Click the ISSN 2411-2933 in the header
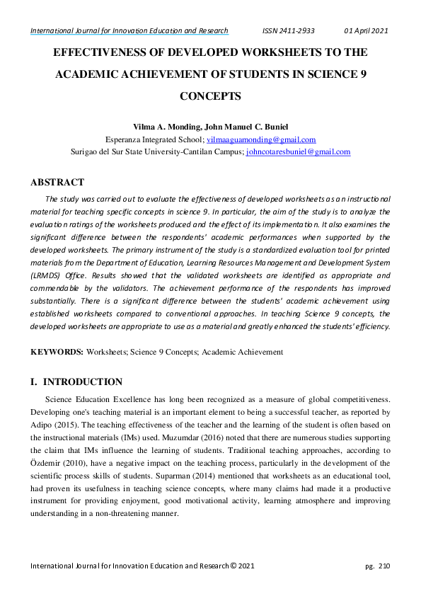(x=288, y=31)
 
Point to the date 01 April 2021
(x=366, y=31)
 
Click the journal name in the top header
(x=129, y=31)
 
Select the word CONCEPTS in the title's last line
(x=210, y=96)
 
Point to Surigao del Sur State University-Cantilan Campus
(x=157, y=151)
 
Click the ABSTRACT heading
(x=57, y=183)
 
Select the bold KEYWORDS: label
(x=57, y=352)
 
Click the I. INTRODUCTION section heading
(x=76, y=382)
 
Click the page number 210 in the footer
(x=384, y=566)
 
